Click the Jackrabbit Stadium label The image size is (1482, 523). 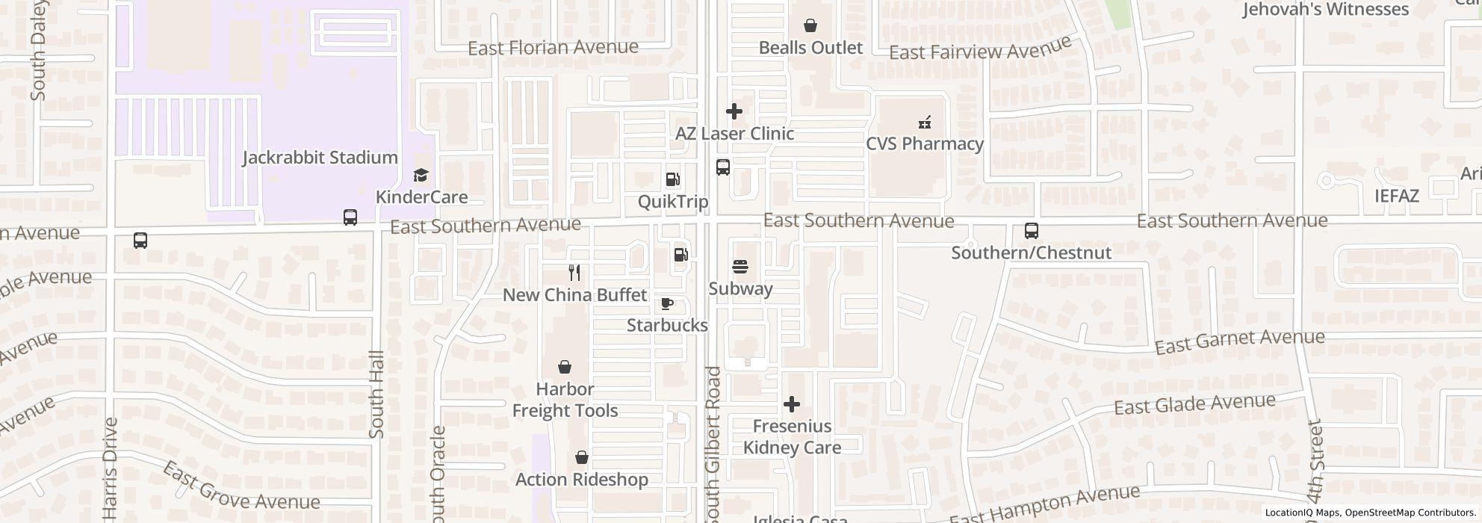point(320,158)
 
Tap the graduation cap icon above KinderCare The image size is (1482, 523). point(421,176)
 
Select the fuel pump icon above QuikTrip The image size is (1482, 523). point(672,179)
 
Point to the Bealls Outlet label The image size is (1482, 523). point(810,48)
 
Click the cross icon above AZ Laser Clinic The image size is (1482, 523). point(734,111)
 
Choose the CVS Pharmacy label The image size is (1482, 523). point(924,143)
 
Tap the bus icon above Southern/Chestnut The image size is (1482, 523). point(1031,231)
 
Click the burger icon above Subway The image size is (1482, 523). point(740,267)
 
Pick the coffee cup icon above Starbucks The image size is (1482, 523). point(667,304)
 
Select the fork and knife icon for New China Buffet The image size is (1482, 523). point(574,273)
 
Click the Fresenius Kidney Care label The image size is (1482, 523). point(792,437)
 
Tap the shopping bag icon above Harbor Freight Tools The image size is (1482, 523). point(565,368)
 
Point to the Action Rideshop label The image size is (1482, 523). point(582,480)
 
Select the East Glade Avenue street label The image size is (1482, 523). point(1194,405)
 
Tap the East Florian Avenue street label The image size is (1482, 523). point(553,48)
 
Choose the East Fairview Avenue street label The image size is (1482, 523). point(980,50)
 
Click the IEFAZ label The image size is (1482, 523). point(1396,196)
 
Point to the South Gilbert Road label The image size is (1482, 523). point(713,445)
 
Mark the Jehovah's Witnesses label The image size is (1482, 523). point(1325,10)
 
